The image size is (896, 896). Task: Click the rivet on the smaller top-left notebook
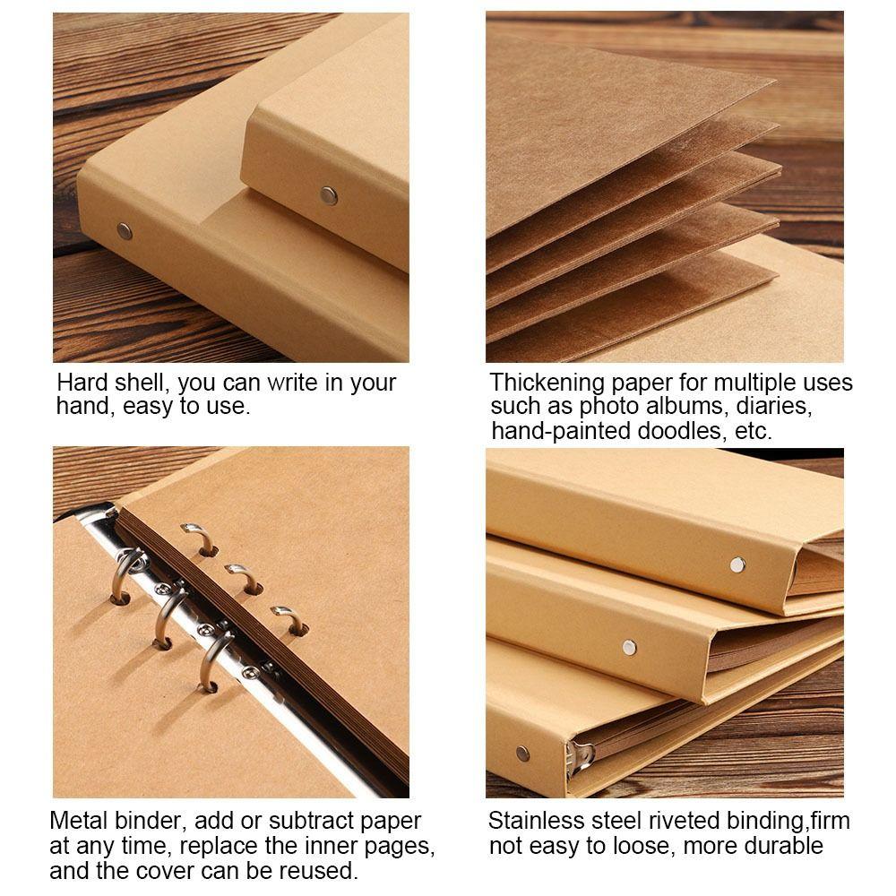click(329, 194)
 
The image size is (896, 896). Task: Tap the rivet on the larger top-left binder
click(125, 231)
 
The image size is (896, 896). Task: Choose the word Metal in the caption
click(79, 821)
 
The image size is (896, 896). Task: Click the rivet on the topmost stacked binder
click(737, 564)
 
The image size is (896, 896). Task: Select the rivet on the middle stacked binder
click(629, 647)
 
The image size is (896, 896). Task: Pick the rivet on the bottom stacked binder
click(522, 754)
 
